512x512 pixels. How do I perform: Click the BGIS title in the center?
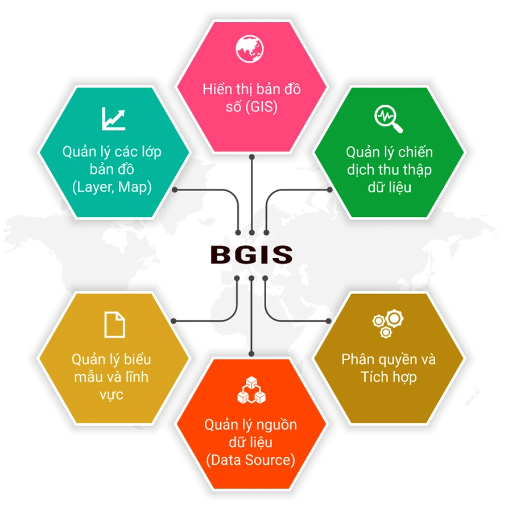coord(251,254)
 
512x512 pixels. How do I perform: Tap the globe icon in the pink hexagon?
coord(250,49)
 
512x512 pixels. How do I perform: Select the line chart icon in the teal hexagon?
coord(113,118)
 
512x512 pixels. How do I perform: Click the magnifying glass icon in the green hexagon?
coord(388,119)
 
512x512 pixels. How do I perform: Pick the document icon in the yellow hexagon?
coord(114,325)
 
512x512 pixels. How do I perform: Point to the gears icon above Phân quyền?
coord(388,324)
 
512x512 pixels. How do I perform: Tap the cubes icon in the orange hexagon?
coord(251,390)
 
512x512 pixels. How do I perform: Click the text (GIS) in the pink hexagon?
coord(261,107)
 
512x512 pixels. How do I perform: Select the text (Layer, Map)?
coord(112,187)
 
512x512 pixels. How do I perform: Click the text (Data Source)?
coord(250,460)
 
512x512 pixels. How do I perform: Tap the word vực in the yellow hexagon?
coord(112,395)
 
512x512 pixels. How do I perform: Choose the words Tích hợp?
coord(389,377)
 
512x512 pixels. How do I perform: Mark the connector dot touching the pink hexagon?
coord(252,157)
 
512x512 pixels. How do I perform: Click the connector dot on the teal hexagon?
coord(175,189)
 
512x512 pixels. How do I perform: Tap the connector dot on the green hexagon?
coord(330,189)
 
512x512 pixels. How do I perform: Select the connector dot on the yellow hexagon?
coord(174,321)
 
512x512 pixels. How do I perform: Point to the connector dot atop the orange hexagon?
coord(251,354)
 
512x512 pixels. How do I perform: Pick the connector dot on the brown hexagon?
coord(328,321)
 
